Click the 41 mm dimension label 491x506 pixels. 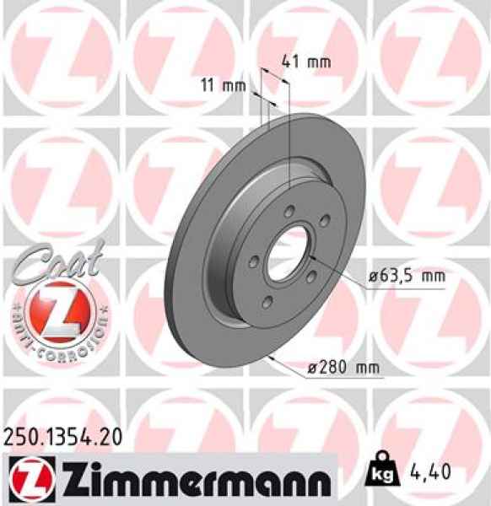tap(305, 62)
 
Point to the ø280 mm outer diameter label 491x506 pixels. tap(342, 368)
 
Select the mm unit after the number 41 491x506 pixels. tap(318, 62)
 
